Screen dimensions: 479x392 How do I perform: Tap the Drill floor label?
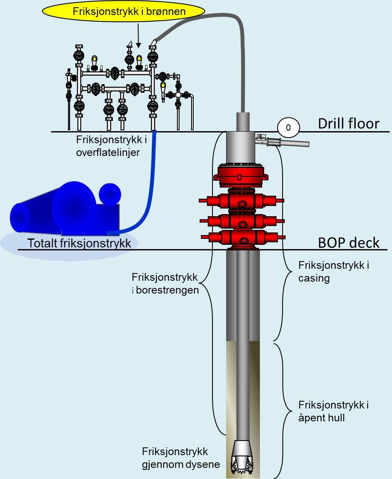pyautogui.click(x=348, y=123)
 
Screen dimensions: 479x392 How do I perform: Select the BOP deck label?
pyautogui.click(x=349, y=243)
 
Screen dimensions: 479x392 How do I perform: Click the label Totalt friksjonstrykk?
pyautogui.click(x=79, y=243)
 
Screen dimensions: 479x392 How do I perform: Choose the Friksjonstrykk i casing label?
pyautogui.click(x=333, y=272)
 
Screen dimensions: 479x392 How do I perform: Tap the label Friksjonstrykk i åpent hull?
pyautogui.click(x=334, y=411)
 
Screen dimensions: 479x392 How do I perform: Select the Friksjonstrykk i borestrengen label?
pyautogui.click(x=165, y=284)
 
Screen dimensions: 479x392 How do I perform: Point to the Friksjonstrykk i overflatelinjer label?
pyautogui.click(x=108, y=146)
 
